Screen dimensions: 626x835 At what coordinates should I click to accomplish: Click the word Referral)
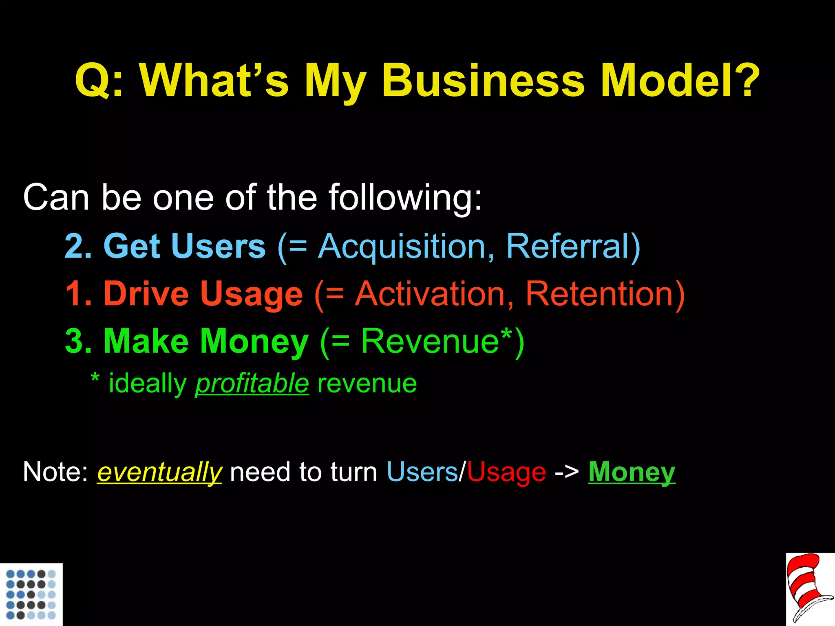click(x=573, y=247)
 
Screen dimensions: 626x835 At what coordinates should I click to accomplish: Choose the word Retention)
click(x=605, y=294)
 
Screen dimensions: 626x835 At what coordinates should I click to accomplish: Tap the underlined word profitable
click(x=252, y=384)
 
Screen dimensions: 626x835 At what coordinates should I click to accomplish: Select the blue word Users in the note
click(x=422, y=472)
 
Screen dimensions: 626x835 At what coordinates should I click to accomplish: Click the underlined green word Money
click(x=632, y=472)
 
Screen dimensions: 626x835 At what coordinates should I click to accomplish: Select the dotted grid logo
click(x=31, y=594)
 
